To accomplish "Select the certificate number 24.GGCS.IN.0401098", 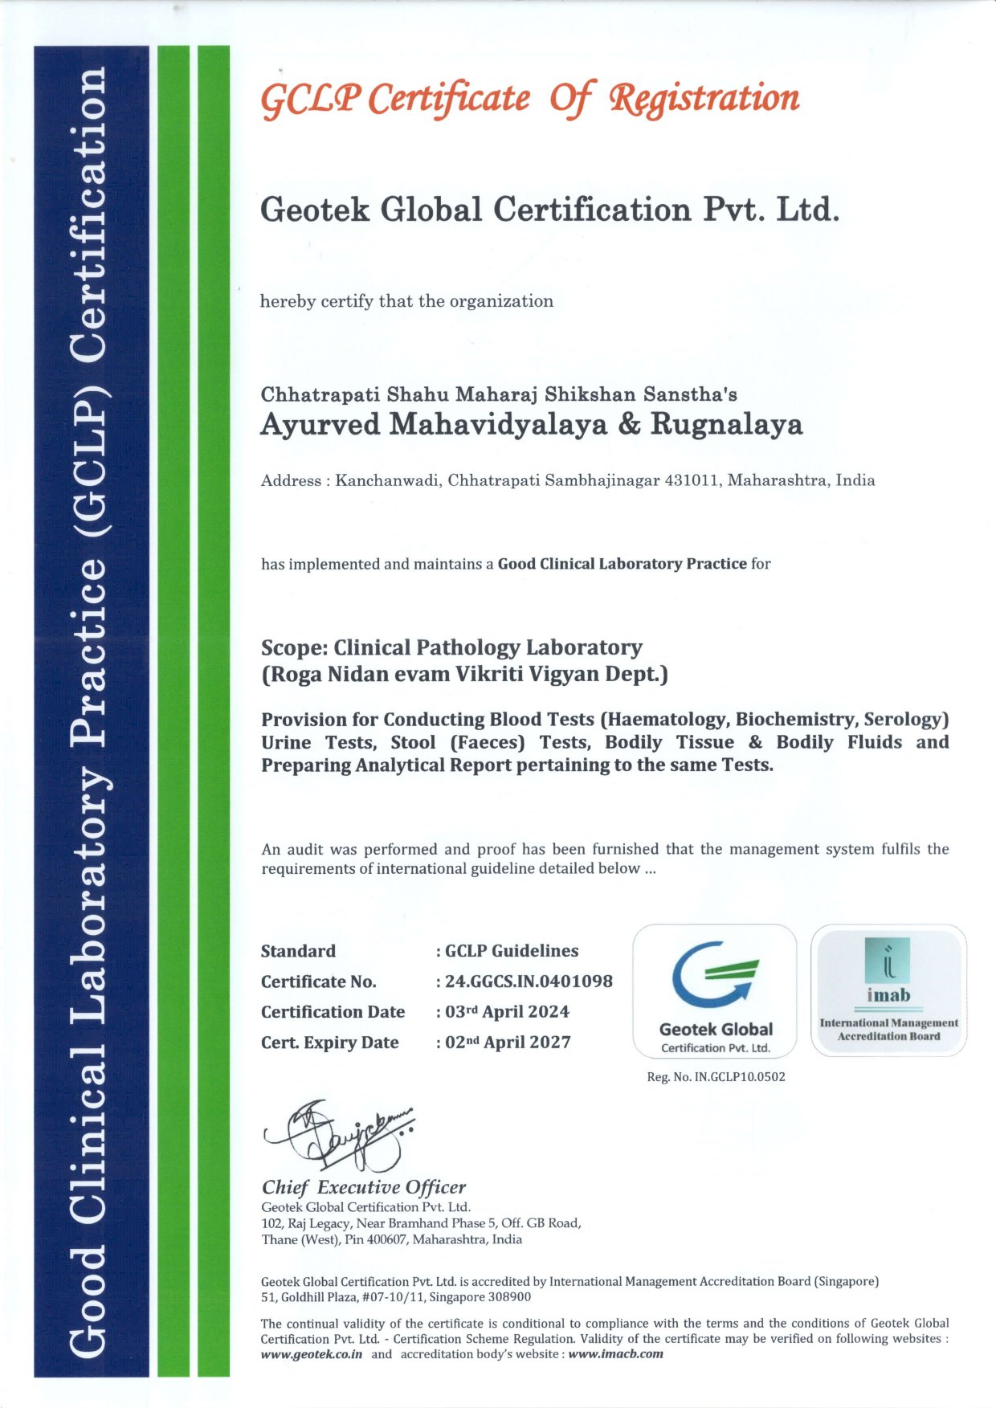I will pyautogui.click(x=529, y=982).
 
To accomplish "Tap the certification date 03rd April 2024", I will pyautogui.click(x=508, y=1012).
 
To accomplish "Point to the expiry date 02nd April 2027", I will pyautogui.click(x=508, y=1043).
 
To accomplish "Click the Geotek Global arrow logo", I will pyautogui.click(x=714, y=974).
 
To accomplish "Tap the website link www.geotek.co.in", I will pyautogui.click(x=312, y=1354).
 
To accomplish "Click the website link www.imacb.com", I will pyautogui.click(x=615, y=1354).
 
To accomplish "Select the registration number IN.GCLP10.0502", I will pyautogui.click(x=739, y=1077).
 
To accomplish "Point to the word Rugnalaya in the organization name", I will pyautogui.click(x=726, y=425).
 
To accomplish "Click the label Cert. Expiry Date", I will pyautogui.click(x=330, y=1043).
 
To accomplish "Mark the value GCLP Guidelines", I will pyautogui.click(x=512, y=951).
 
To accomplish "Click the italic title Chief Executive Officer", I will pyautogui.click(x=363, y=1187).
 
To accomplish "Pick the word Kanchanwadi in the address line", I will pyautogui.click(x=388, y=481).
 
